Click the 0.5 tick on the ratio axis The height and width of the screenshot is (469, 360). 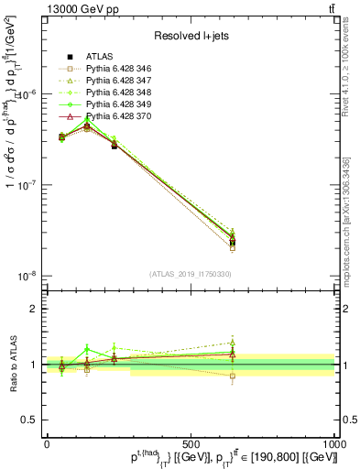32,420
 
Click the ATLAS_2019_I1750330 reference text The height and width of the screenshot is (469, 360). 191,274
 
